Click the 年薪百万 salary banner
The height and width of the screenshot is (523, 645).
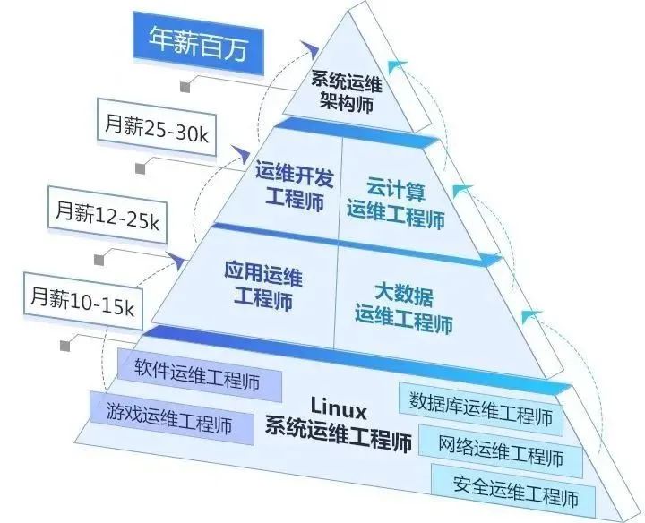(198, 43)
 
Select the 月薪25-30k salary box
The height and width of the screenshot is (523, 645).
(156, 127)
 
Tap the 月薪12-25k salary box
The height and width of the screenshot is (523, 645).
(107, 214)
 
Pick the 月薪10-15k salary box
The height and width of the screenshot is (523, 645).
(83, 301)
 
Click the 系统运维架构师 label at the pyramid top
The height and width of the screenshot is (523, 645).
(347, 91)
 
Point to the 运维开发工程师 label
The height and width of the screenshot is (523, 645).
(294, 186)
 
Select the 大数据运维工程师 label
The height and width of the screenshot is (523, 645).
(404, 307)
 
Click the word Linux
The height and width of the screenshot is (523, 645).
(339, 407)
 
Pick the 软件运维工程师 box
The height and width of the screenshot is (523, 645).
(200, 375)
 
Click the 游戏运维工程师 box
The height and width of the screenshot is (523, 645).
(172, 417)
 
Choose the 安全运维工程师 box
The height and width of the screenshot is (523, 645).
(513, 491)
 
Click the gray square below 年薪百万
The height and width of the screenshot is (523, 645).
(185, 87)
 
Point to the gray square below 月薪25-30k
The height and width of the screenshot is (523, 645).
(141, 168)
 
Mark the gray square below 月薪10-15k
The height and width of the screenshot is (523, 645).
(65, 346)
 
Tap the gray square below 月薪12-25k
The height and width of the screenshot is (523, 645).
(99, 260)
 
